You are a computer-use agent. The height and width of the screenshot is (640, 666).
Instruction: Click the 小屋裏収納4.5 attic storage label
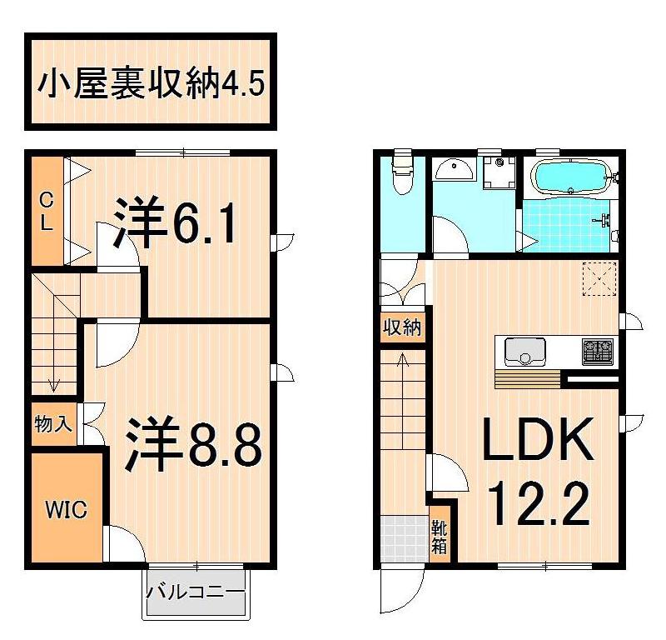pos(151,82)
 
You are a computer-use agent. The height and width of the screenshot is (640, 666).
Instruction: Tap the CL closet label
pos(47,211)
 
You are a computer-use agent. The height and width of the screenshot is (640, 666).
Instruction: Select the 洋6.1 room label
pos(176,222)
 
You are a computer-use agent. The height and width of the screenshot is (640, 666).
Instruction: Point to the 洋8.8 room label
pos(194,445)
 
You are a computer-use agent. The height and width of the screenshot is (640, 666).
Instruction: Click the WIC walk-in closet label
pos(67,509)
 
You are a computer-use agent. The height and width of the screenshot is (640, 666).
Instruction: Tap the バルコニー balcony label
pos(196,593)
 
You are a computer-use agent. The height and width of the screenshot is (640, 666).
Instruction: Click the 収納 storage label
pos(402,327)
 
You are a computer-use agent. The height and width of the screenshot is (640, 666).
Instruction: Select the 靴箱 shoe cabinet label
pos(439,537)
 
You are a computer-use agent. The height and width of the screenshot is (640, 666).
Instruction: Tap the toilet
pos(402,172)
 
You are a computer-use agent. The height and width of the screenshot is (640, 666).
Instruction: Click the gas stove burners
pos(598,351)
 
